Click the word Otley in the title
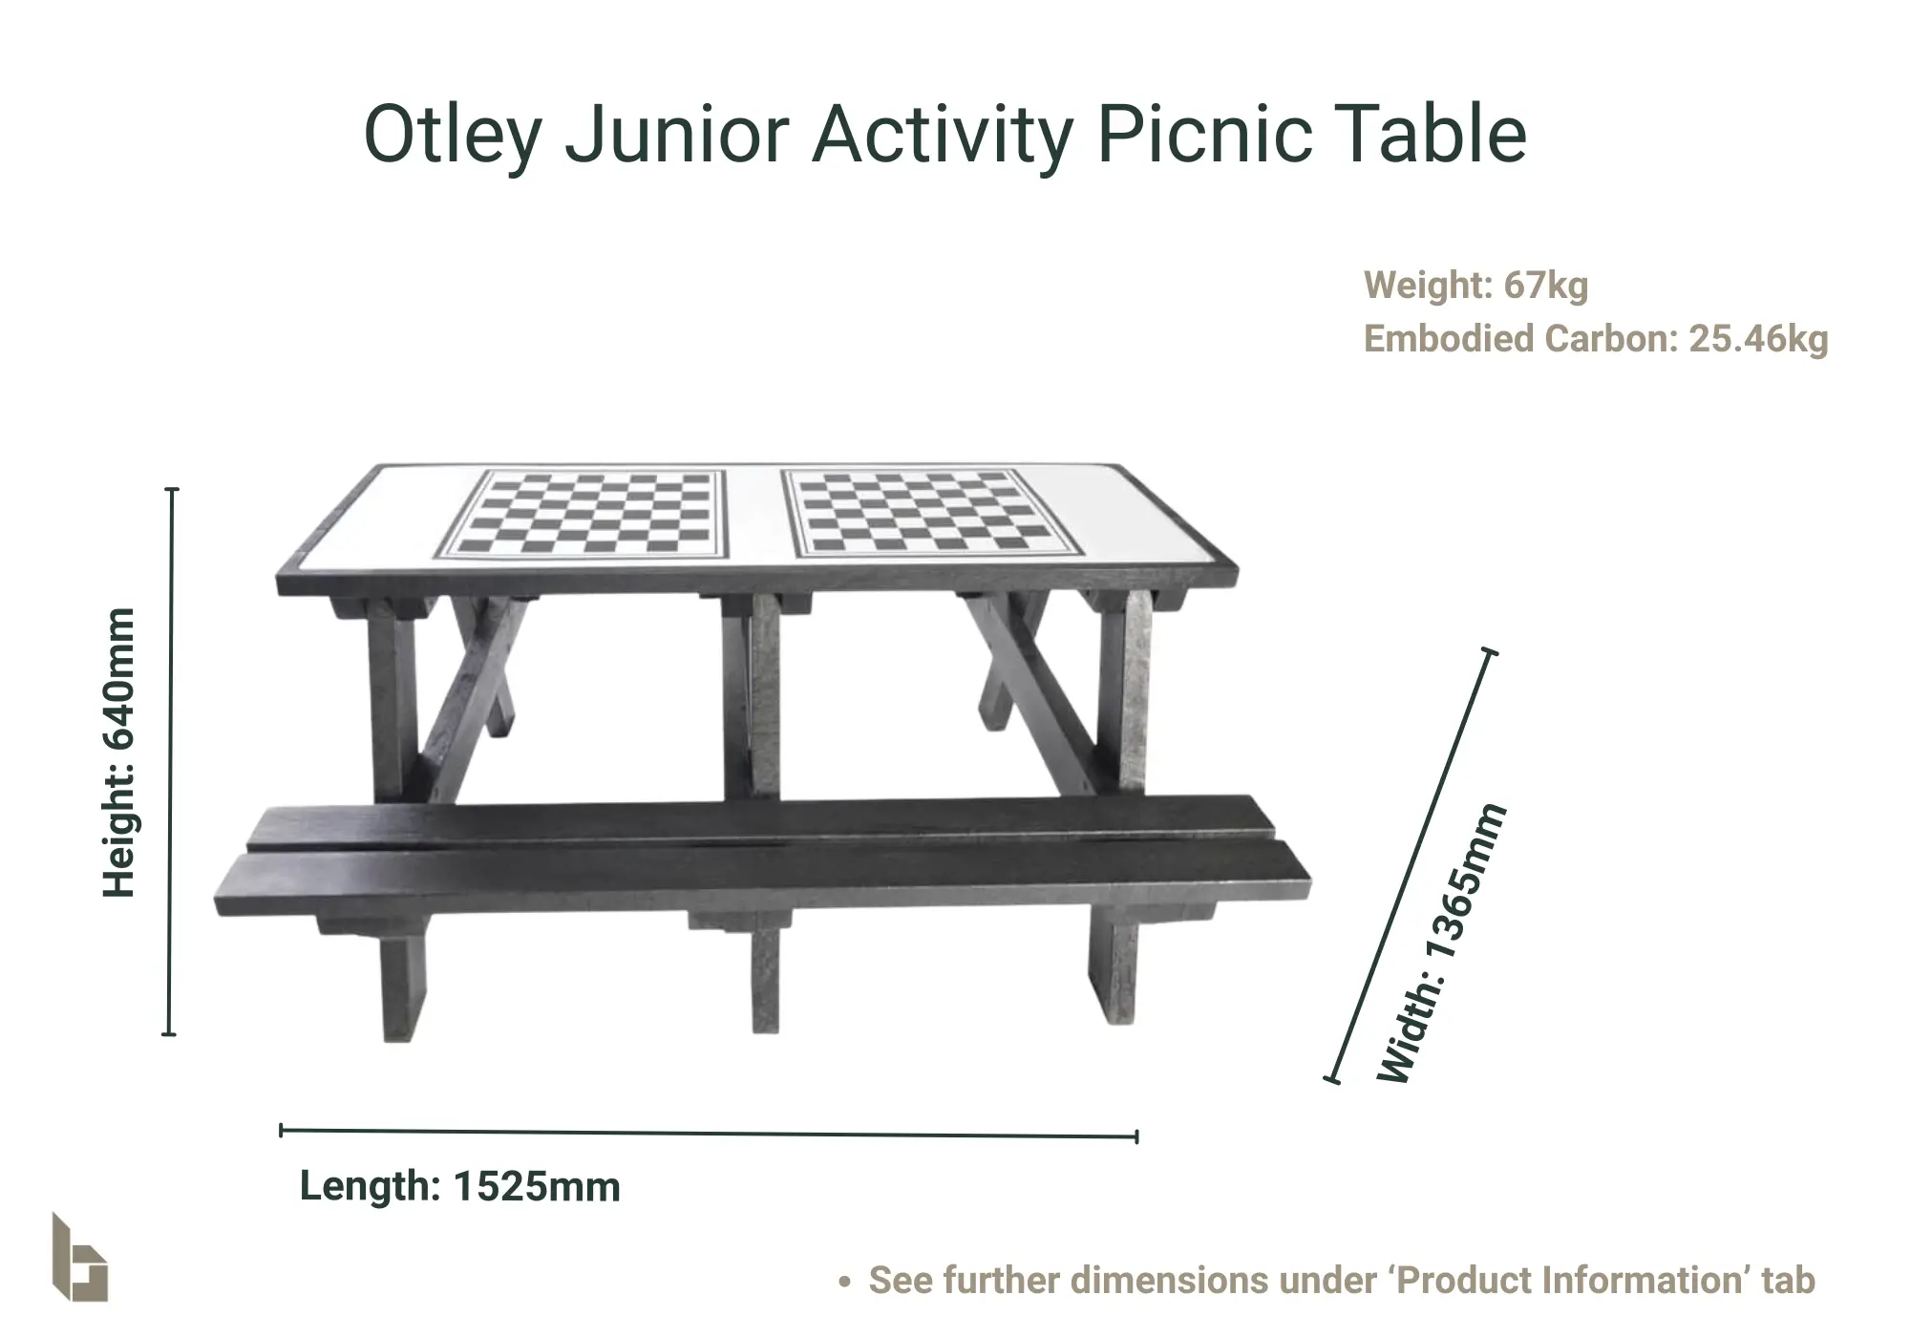[453, 135]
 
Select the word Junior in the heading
[676, 134]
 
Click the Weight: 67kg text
[1475, 285]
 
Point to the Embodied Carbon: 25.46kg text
[1596, 338]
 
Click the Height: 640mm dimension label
[119, 753]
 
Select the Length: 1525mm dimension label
[460, 1186]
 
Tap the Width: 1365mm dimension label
[1442, 944]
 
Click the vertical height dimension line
[171, 761]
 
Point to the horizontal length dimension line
[709, 1134]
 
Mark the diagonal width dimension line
[1411, 866]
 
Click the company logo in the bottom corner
[79, 1258]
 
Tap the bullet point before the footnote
[844, 1282]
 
